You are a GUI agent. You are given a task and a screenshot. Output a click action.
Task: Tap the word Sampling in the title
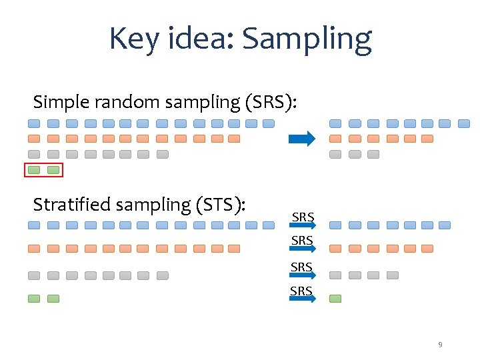pos(307,40)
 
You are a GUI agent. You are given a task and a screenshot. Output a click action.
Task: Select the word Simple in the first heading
pos(61,102)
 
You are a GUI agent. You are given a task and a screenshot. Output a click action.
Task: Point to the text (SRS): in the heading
pos(271,102)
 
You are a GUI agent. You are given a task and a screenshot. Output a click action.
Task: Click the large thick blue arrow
pos(301,139)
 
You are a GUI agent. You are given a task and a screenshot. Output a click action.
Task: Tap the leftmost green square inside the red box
pos(35,170)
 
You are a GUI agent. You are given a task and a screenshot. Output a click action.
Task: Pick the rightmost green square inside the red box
pos(53,170)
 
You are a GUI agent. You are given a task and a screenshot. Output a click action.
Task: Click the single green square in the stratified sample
pos(335,299)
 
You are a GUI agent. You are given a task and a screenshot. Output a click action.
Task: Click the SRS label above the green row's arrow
pos(302,291)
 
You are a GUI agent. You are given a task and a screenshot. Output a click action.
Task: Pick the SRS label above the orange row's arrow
pos(302,239)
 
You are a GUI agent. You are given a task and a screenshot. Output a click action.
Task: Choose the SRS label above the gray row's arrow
pos(302,267)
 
